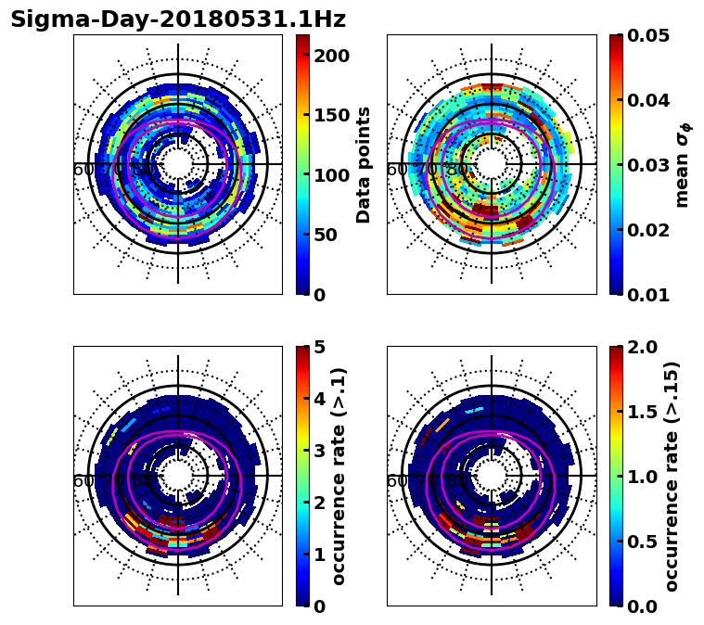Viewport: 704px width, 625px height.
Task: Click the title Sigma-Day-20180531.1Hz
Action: click(178, 19)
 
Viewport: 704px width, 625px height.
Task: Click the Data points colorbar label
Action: click(364, 164)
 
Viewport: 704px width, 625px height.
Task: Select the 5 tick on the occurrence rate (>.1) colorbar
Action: click(320, 347)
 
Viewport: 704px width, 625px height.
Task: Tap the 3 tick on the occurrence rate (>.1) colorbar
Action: click(320, 451)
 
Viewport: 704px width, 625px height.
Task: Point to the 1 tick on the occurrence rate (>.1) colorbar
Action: click(320, 555)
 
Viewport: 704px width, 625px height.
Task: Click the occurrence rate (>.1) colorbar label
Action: click(339, 476)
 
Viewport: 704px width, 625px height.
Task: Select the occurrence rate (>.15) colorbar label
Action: click(672, 476)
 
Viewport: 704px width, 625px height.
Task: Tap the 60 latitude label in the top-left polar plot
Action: click(83, 170)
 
